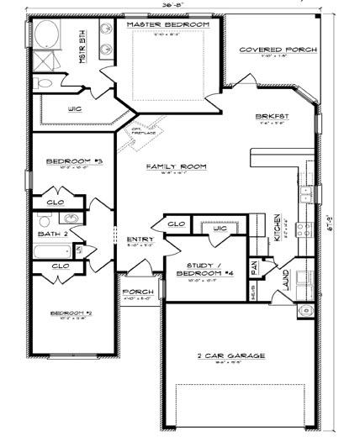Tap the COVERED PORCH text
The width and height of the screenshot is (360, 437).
coord(278,50)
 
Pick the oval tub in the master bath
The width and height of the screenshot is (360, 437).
coord(45,37)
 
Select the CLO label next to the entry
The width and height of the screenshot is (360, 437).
coord(176,224)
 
